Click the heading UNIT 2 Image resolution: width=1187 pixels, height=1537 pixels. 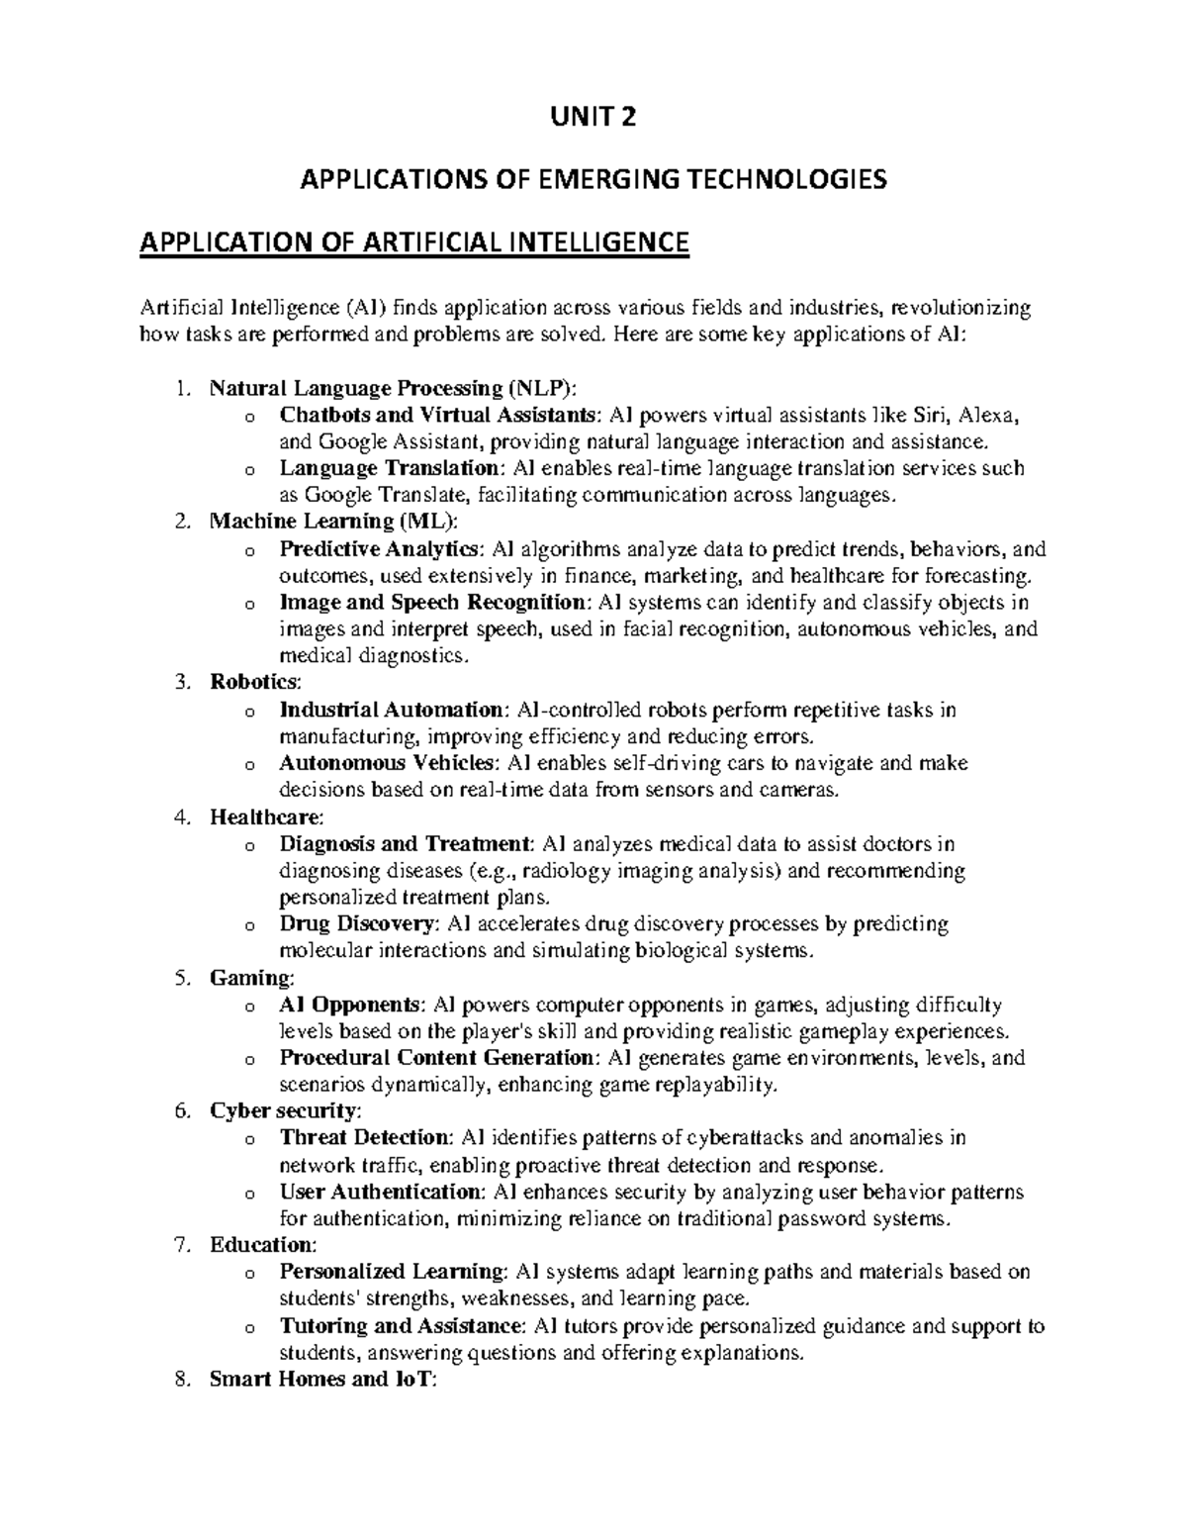coord(593,118)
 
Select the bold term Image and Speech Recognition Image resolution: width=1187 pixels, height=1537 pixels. coord(432,603)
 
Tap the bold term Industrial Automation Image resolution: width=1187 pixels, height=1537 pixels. coord(392,710)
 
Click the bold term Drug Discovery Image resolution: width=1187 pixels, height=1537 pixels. coord(358,924)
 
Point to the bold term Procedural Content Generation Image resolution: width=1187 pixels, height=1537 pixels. coord(437,1058)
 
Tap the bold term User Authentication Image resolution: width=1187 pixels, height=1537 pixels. coord(381,1192)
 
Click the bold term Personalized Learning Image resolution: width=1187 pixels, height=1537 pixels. coord(392,1272)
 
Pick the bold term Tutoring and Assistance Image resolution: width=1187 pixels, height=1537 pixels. coord(399,1326)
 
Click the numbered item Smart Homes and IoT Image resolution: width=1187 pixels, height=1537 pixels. coord(321,1380)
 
